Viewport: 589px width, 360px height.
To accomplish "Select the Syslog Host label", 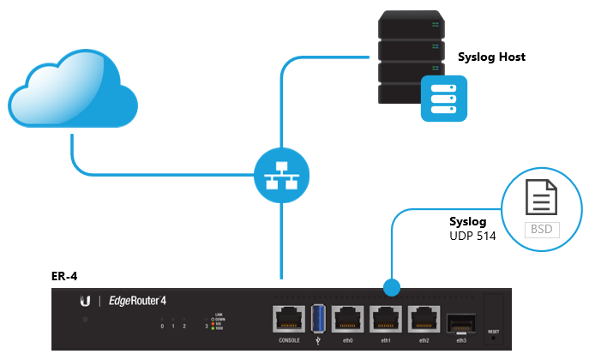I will [491, 57].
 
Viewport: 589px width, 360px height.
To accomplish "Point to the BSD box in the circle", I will [539, 229].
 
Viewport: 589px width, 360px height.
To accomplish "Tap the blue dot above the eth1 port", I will [393, 285].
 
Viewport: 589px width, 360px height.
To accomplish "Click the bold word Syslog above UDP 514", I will [468, 221].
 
